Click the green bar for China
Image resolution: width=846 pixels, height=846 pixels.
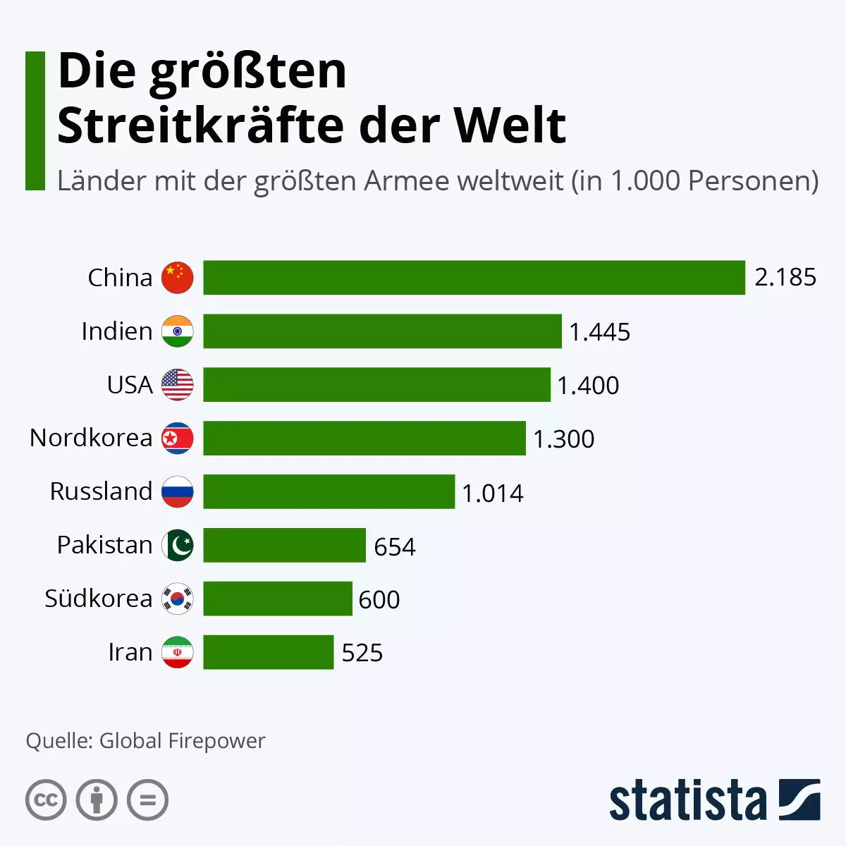pyautogui.click(x=474, y=278)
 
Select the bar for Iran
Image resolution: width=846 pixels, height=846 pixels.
pyautogui.click(x=268, y=652)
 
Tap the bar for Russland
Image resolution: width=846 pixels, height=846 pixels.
pyautogui.click(x=329, y=491)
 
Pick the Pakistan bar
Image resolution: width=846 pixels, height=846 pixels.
pyautogui.click(x=284, y=545)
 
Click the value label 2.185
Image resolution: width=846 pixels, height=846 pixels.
pyautogui.click(x=785, y=278)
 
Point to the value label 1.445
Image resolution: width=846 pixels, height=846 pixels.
pyautogui.click(x=599, y=332)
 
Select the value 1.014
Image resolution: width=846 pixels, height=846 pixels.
pyautogui.click(x=492, y=493)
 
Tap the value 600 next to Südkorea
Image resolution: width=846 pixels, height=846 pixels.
pyautogui.click(x=379, y=600)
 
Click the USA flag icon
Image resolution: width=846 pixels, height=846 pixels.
pyautogui.click(x=177, y=385)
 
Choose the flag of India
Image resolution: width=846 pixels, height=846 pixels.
pyautogui.click(x=177, y=331)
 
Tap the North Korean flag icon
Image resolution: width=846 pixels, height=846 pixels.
pyautogui.click(x=177, y=439)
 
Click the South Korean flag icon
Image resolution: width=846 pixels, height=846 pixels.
pyautogui.click(x=177, y=599)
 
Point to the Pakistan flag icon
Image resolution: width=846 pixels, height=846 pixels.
pyautogui.click(x=177, y=545)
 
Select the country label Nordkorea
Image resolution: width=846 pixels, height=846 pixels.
pyautogui.click(x=91, y=438)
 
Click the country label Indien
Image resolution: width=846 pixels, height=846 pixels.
pyautogui.click(x=116, y=331)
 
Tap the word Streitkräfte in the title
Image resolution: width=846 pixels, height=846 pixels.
pyautogui.click(x=200, y=125)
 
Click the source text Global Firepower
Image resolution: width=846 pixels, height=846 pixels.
pyautogui.click(x=182, y=741)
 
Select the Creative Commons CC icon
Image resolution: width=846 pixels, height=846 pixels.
pyautogui.click(x=46, y=800)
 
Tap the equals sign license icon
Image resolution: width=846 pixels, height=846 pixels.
pyautogui.click(x=148, y=800)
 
